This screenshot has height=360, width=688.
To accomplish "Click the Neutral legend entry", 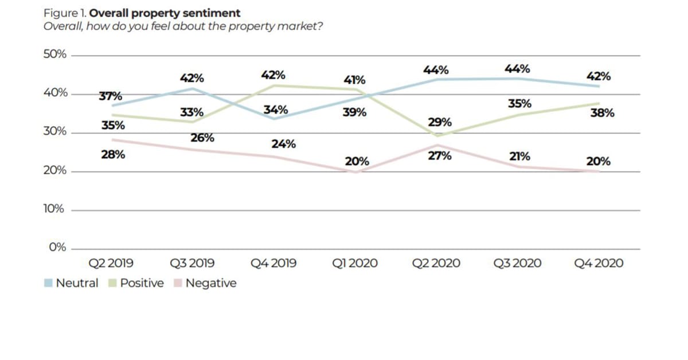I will tap(71, 283).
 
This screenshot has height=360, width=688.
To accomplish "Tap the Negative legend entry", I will tap(204, 283).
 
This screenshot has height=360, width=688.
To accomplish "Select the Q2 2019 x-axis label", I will tap(111, 264).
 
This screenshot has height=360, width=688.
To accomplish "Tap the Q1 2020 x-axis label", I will tap(355, 264).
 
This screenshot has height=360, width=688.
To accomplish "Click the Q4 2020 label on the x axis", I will tap(599, 264).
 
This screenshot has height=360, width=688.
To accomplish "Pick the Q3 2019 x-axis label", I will tap(192, 264).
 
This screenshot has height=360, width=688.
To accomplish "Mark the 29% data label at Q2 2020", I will tap(440, 122).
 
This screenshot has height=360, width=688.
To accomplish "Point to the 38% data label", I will tap(602, 113).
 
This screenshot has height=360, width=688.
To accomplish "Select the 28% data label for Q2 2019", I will tap(113, 154).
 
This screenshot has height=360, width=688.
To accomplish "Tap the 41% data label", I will tap(355, 80).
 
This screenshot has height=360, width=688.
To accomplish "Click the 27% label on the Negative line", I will tap(440, 155).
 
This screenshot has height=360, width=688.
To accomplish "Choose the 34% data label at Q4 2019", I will tap(276, 110).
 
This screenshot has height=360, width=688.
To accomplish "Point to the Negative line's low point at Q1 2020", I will tap(355, 171).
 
